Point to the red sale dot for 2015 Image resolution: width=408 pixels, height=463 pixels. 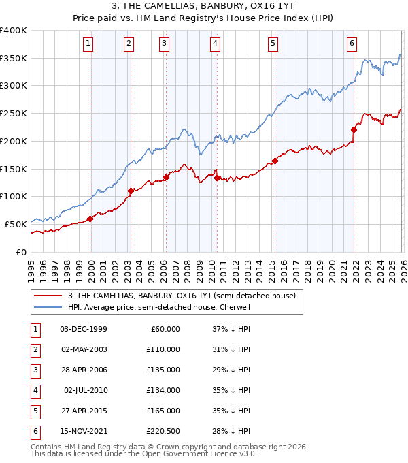275,161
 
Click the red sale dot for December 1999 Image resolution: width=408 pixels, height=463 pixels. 90,219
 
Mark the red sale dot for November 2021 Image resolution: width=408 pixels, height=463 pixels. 354,129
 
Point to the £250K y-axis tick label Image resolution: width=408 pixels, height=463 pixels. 14,114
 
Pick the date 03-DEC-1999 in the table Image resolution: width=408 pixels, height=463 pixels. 83,329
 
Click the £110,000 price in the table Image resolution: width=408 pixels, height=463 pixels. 163,349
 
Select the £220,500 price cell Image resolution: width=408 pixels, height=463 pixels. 163,431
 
